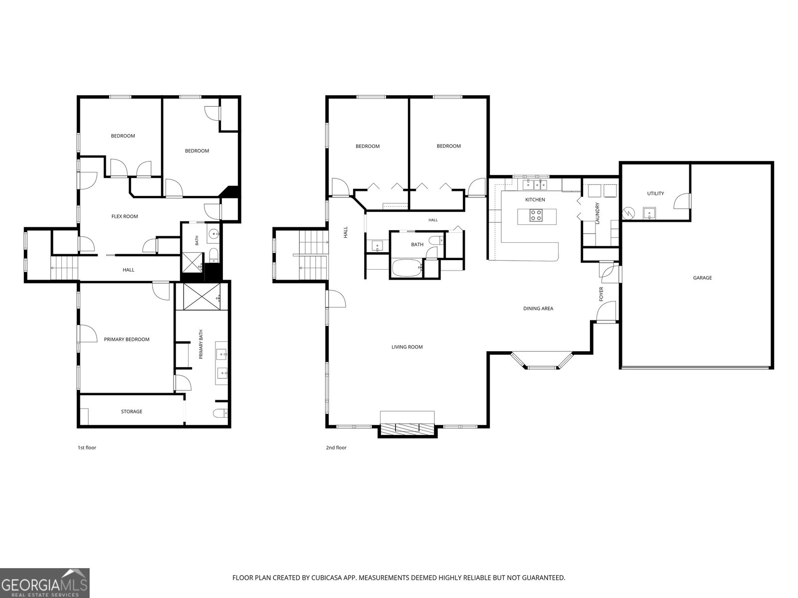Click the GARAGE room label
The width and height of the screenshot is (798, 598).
coord(702,278)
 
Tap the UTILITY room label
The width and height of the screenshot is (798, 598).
coord(655,193)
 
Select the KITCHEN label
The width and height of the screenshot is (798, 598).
coord(535,200)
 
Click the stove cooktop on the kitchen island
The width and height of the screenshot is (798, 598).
coord(535,215)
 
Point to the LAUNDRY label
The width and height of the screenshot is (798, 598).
coord(597,213)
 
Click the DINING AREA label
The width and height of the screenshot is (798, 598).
coord(538,308)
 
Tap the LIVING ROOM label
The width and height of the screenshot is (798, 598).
coord(407,347)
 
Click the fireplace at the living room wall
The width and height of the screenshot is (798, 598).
coord(407,428)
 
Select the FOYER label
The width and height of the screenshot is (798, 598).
coord(601,294)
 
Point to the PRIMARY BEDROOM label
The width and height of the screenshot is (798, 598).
coord(127,339)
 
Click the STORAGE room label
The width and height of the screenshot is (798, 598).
coord(132,412)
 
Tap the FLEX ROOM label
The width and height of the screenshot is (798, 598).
coord(124,216)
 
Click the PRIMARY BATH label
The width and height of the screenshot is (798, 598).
coord(200,344)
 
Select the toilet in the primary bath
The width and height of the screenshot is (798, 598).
coord(220,413)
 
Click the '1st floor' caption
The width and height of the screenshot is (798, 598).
coord(87,448)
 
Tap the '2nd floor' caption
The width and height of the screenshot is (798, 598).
coord(336,448)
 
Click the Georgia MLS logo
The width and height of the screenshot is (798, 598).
coord(44,583)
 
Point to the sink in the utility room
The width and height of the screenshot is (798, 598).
coord(649,213)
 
